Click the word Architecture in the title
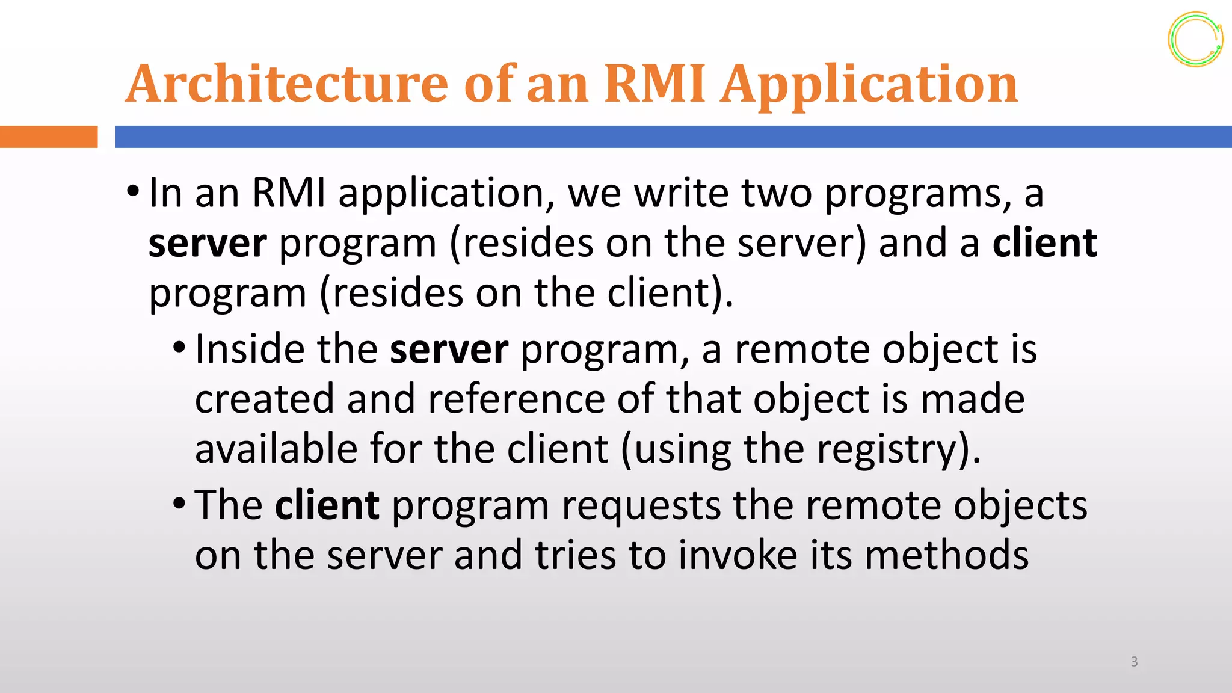[x=288, y=84]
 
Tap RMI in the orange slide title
[x=654, y=84]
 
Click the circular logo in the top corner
[x=1195, y=40]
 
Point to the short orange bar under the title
[x=48, y=137]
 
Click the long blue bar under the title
[x=673, y=137]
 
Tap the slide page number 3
[x=1134, y=662]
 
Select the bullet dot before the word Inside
[x=179, y=348]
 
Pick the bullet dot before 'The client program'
[x=179, y=504]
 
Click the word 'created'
[x=264, y=399]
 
